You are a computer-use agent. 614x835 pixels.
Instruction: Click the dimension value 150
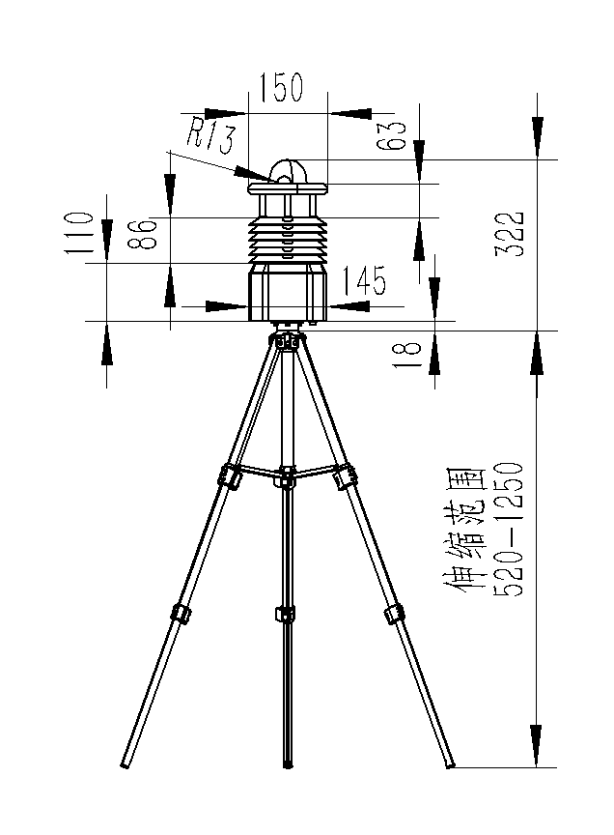tap(281, 87)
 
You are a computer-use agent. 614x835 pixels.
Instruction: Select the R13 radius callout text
tap(210, 134)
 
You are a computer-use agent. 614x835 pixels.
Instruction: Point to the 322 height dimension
tap(510, 234)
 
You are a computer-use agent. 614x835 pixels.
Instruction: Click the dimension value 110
tap(79, 233)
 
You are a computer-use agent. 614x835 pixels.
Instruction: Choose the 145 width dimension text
tap(363, 280)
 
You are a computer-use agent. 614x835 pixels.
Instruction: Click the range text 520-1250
tap(510, 530)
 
